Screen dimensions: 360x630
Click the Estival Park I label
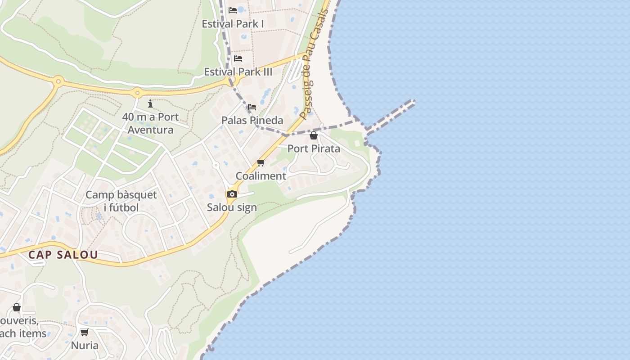(x=233, y=24)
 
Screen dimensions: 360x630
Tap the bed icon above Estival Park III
(x=238, y=58)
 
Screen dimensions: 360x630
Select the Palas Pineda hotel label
(x=252, y=120)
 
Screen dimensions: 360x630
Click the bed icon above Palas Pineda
(x=252, y=107)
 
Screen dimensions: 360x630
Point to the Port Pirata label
(x=314, y=148)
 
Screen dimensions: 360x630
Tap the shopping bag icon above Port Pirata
(x=314, y=135)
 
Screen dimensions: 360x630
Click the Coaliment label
(x=261, y=176)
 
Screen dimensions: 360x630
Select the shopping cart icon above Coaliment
(x=261, y=162)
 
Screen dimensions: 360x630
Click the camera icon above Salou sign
(x=232, y=194)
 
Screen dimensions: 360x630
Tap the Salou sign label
(x=232, y=207)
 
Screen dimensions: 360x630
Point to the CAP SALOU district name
(x=63, y=255)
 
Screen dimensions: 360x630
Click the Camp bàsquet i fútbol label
(x=121, y=201)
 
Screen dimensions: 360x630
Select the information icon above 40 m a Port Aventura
(x=150, y=104)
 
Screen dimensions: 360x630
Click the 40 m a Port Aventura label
(x=150, y=123)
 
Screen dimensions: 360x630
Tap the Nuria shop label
(x=85, y=346)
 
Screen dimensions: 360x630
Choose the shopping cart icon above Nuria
(x=84, y=333)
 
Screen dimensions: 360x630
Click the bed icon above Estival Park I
(x=233, y=10)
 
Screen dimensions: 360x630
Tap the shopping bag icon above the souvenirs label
(x=17, y=307)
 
